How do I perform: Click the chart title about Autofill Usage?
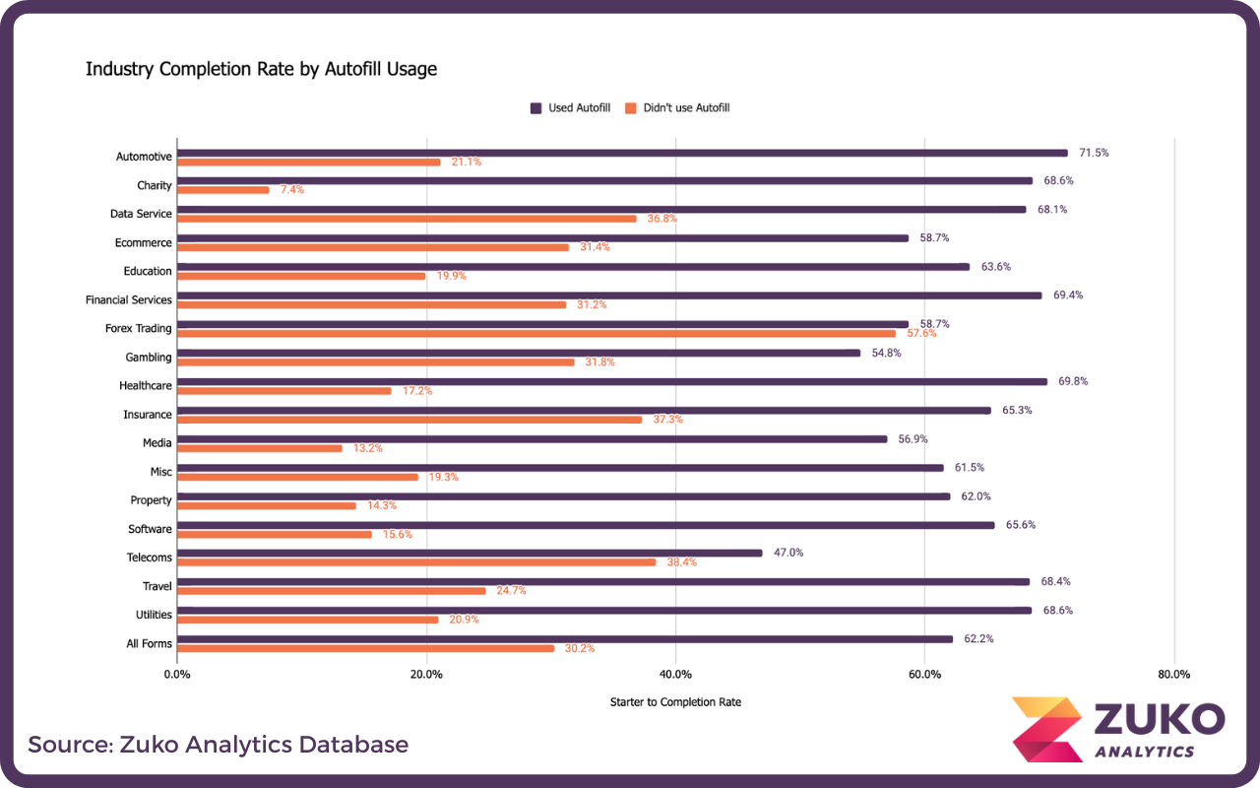261,69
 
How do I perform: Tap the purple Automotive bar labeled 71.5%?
622,153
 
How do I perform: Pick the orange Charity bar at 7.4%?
223,190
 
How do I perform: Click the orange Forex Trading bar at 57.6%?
536,334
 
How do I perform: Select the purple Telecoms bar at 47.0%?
470,553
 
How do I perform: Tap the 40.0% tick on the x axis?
675,675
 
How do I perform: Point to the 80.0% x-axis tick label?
1173,675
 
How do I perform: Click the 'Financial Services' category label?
129,299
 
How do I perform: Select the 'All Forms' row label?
150,643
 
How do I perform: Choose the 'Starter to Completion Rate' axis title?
675,702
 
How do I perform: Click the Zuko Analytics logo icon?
1046,730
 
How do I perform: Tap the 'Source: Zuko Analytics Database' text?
218,744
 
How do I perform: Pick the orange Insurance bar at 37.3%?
409,420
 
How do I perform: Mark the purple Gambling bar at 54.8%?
519,353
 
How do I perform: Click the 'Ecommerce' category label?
143,242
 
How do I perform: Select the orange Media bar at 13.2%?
260,448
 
